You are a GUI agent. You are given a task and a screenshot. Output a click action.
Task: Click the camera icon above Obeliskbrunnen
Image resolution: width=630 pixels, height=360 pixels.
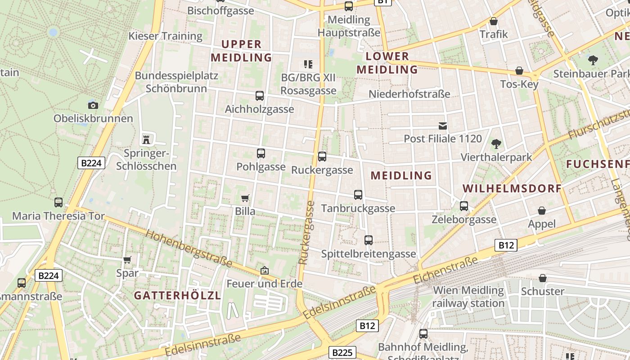click(x=93, y=105)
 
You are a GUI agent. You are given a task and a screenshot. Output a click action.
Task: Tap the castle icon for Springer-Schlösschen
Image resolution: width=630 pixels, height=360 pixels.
click(x=146, y=139)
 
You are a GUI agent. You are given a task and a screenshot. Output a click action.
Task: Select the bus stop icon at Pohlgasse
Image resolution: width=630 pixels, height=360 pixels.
click(x=261, y=153)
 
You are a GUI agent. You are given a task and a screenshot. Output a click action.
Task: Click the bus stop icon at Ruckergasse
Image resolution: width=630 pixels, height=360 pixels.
click(x=322, y=157)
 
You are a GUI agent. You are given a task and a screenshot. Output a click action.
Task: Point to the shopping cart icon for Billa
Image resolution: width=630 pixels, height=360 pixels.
click(x=245, y=198)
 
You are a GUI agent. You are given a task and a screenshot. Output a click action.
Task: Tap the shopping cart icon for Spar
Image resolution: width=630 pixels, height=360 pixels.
click(x=127, y=260)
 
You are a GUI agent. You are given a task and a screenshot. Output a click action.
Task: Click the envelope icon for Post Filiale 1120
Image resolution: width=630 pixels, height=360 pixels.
click(x=443, y=126)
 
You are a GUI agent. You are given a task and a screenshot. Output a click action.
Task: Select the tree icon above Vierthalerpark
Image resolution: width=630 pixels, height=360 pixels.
click(x=496, y=144)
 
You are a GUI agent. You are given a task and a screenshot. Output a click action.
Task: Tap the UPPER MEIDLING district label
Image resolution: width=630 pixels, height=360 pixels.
click(x=241, y=51)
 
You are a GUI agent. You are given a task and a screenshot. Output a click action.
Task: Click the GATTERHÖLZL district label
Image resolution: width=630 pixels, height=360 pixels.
click(x=177, y=296)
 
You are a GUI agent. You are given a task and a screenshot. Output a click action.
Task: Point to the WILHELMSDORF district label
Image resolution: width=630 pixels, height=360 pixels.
click(x=512, y=189)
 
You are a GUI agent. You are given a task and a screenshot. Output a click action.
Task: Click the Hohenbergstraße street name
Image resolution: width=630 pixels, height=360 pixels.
click(x=189, y=248)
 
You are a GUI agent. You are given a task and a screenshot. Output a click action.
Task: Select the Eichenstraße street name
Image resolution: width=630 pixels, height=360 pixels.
click(x=445, y=270)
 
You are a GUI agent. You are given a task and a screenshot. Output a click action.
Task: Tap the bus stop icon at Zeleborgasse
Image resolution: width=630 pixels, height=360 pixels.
click(x=464, y=206)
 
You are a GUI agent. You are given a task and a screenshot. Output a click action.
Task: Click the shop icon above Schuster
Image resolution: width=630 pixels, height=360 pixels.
click(x=543, y=278)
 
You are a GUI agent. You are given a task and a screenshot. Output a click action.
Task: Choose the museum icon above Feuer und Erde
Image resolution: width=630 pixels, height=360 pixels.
click(x=264, y=270)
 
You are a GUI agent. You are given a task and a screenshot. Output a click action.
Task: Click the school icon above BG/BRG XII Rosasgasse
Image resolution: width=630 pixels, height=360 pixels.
click(x=308, y=64)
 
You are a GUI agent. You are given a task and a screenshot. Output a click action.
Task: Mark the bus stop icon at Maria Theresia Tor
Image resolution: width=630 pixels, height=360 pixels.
click(x=58, y=202)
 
